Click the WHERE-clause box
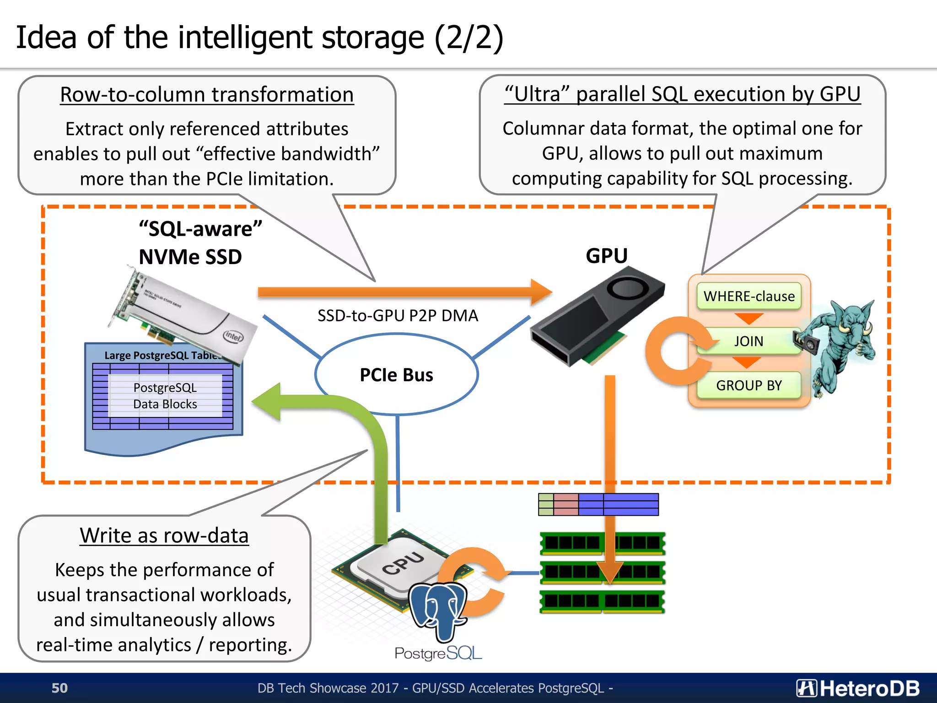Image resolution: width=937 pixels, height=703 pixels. [x=749, y=296]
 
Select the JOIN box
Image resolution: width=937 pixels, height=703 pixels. [x=749, y=341]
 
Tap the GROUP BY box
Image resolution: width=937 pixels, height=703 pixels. [x=749, y=385]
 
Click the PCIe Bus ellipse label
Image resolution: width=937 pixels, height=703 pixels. [x=396, y=375]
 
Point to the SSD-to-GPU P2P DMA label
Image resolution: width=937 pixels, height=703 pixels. [x=398, y=315]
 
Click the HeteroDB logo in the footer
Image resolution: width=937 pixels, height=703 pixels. [x=858, y=688]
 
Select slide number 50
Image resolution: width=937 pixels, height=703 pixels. [x=59, y=688]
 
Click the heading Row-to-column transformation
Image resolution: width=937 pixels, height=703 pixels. [x=207, y=95]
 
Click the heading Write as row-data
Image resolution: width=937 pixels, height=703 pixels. [x=164, y=535]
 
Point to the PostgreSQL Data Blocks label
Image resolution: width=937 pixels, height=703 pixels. [x=165, y=396]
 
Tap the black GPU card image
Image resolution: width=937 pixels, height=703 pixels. [x=597, y=316]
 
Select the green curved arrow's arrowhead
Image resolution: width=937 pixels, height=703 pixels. [x=268, y=402]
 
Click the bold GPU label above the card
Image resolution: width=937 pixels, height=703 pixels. [x=607, y=255]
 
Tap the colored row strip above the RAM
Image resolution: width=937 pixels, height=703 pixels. [x=598, y=504]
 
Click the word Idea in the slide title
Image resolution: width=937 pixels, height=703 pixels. [x=46, y=38]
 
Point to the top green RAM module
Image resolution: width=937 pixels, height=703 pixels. [x=602, y=543]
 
